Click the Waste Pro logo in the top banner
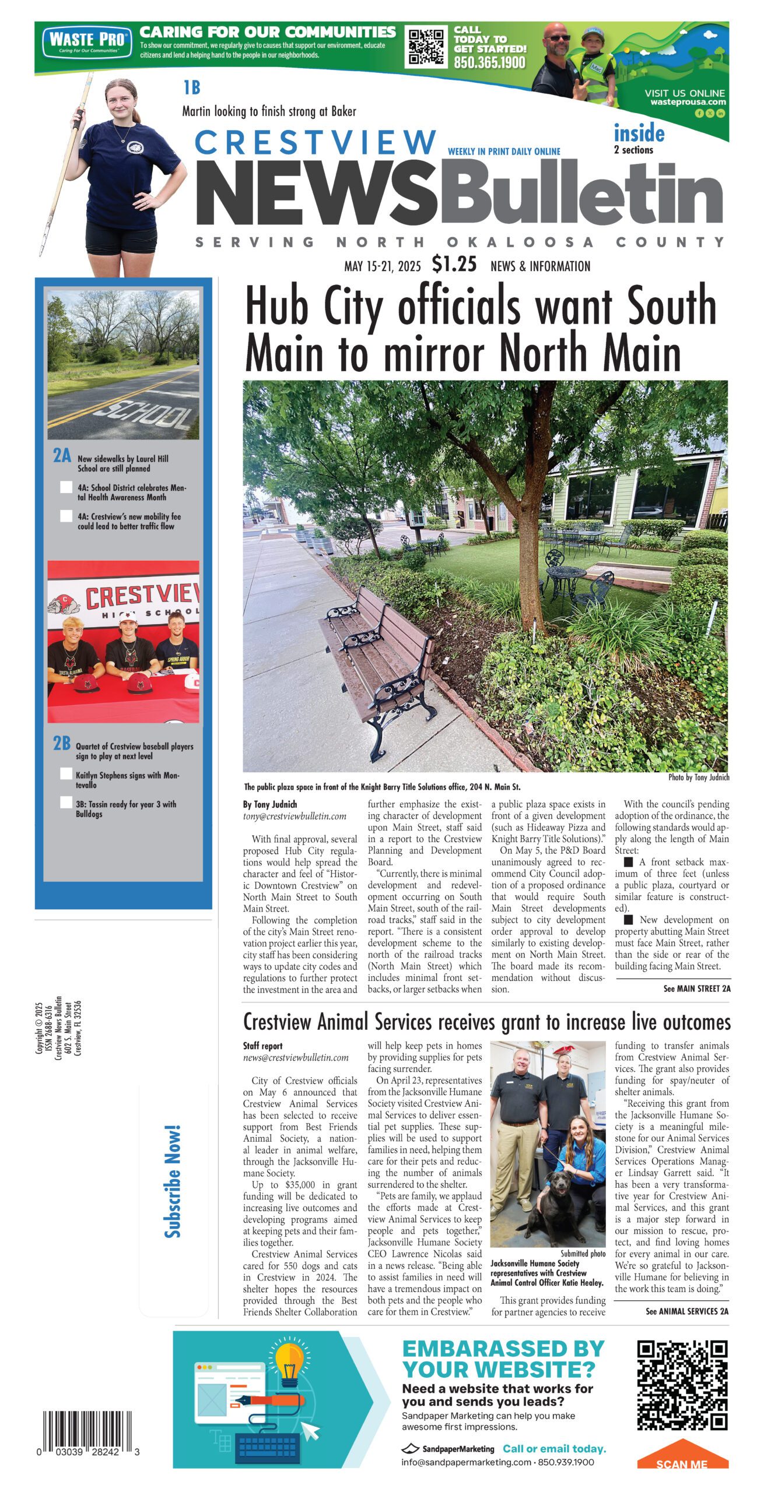(85, 41)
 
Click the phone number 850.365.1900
(489, 63)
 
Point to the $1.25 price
(454, 265)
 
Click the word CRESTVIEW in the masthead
(316, 142)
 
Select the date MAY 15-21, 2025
(382, 267)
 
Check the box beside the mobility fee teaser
(66, 516)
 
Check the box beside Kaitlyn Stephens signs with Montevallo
(66, 774)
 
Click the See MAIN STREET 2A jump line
(696, 988)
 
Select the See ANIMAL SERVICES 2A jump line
(686, 1311)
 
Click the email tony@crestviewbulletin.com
(295, 817)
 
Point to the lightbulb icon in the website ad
(289, 1361)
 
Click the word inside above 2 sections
(639, 133)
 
